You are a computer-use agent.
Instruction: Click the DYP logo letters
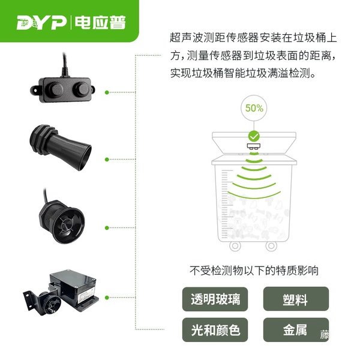point(41,23)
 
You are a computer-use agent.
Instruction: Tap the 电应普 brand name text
point(100,23)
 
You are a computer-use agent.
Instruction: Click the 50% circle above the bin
point(254,108)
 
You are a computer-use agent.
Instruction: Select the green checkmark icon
point(254,136)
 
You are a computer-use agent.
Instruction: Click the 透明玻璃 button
point(215,299)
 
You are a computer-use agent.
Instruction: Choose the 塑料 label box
point(296,299)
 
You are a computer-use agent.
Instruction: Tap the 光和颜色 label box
point(215,330)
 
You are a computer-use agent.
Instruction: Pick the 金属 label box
point(296,330)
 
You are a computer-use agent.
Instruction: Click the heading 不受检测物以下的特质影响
point(254,271)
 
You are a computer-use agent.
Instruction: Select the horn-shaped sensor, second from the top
point(61,148)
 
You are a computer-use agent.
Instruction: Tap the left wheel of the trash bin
point(235,246)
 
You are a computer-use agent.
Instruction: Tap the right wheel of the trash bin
point(271,246)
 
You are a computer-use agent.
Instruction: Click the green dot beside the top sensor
point(107,92)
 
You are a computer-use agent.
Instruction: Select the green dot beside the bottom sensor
point(107,298)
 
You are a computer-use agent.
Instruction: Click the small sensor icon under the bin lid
point(254,146)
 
